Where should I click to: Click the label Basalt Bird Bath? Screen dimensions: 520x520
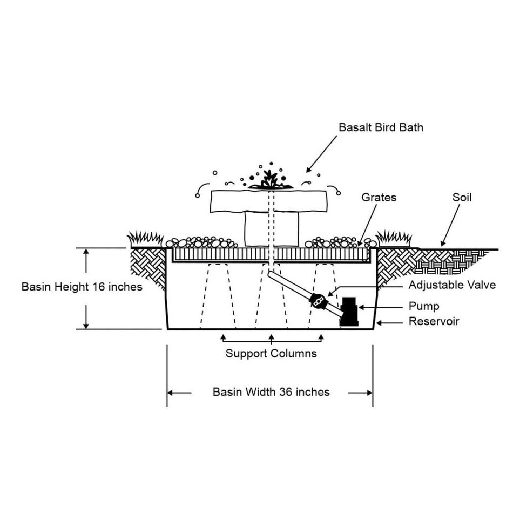pyautogui.click(x=381, y=128)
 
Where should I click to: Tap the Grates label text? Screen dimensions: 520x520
pyautogui.click(x=379, y=198)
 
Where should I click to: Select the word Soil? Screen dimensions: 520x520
pyautogui.click(x=462, y=198)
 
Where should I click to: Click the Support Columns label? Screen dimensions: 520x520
pyautogui.click(x=271, y=354)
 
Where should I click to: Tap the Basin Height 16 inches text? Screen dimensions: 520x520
pyautogui.click(x=82, y=287)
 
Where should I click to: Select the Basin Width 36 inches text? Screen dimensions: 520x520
pyautogui.click(x=271, y=392)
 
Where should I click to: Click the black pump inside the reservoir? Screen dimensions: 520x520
pyautogui.click(x=349, y=312)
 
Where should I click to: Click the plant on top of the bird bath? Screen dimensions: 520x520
pyautogui.click(x=271, y=181)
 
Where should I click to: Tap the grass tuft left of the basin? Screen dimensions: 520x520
pyautogui.click(x=145, y=238)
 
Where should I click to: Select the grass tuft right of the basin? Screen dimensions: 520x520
pyautogui.click(x=393, y=238)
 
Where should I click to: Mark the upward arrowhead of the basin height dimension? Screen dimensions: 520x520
pyautogui.click(x=86, y=252)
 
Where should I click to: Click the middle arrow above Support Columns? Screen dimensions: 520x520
pyautogui.click(x=272, y=337)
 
